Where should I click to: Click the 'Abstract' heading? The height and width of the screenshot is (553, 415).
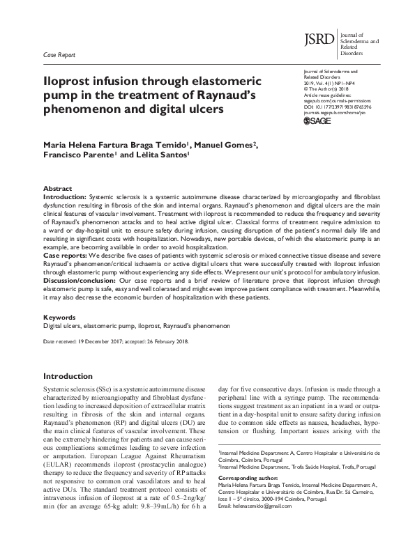click(57, 189)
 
